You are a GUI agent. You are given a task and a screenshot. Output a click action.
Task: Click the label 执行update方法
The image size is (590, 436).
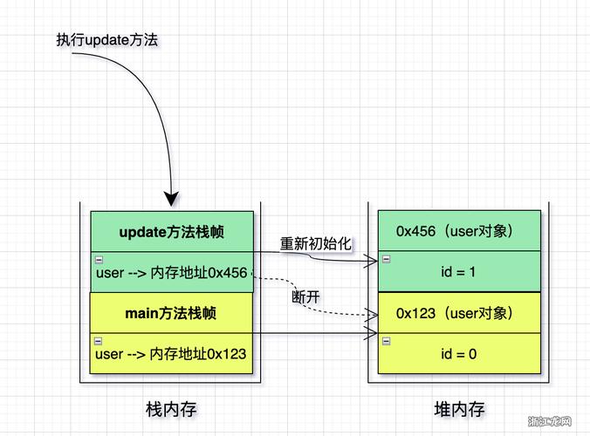(x=106, y=40)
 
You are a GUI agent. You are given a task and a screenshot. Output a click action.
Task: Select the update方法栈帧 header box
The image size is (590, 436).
(x=172, y=232)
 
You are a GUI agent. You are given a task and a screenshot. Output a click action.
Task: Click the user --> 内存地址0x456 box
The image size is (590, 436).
(x=172, y=273)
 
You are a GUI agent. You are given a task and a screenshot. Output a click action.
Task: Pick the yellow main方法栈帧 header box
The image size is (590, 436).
(x=172, y=313)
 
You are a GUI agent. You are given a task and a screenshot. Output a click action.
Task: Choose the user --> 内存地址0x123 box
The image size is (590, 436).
(x=172, y=354)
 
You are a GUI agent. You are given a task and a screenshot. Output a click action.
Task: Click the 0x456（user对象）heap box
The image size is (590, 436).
(x=459, y=231)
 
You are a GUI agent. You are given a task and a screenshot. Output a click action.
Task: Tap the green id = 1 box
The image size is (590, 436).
(x=459, y=272)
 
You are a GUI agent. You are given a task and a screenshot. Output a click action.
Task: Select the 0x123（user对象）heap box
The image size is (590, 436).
(x=459, y=312)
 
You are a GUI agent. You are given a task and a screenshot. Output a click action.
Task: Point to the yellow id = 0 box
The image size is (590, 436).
(x=459, y=353)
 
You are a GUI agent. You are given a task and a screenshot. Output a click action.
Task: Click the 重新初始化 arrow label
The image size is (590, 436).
(x=315, y=243)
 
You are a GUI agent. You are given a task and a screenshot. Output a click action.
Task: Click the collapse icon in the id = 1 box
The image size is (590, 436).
(x=385, y=259)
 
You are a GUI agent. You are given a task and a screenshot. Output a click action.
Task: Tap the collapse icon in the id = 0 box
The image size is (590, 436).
(x=385, y=340)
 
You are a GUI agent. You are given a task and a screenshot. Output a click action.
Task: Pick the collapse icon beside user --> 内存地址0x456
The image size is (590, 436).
(x=98, y=260)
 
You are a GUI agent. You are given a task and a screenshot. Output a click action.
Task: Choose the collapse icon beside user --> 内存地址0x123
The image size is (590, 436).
(x=98, y=341)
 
